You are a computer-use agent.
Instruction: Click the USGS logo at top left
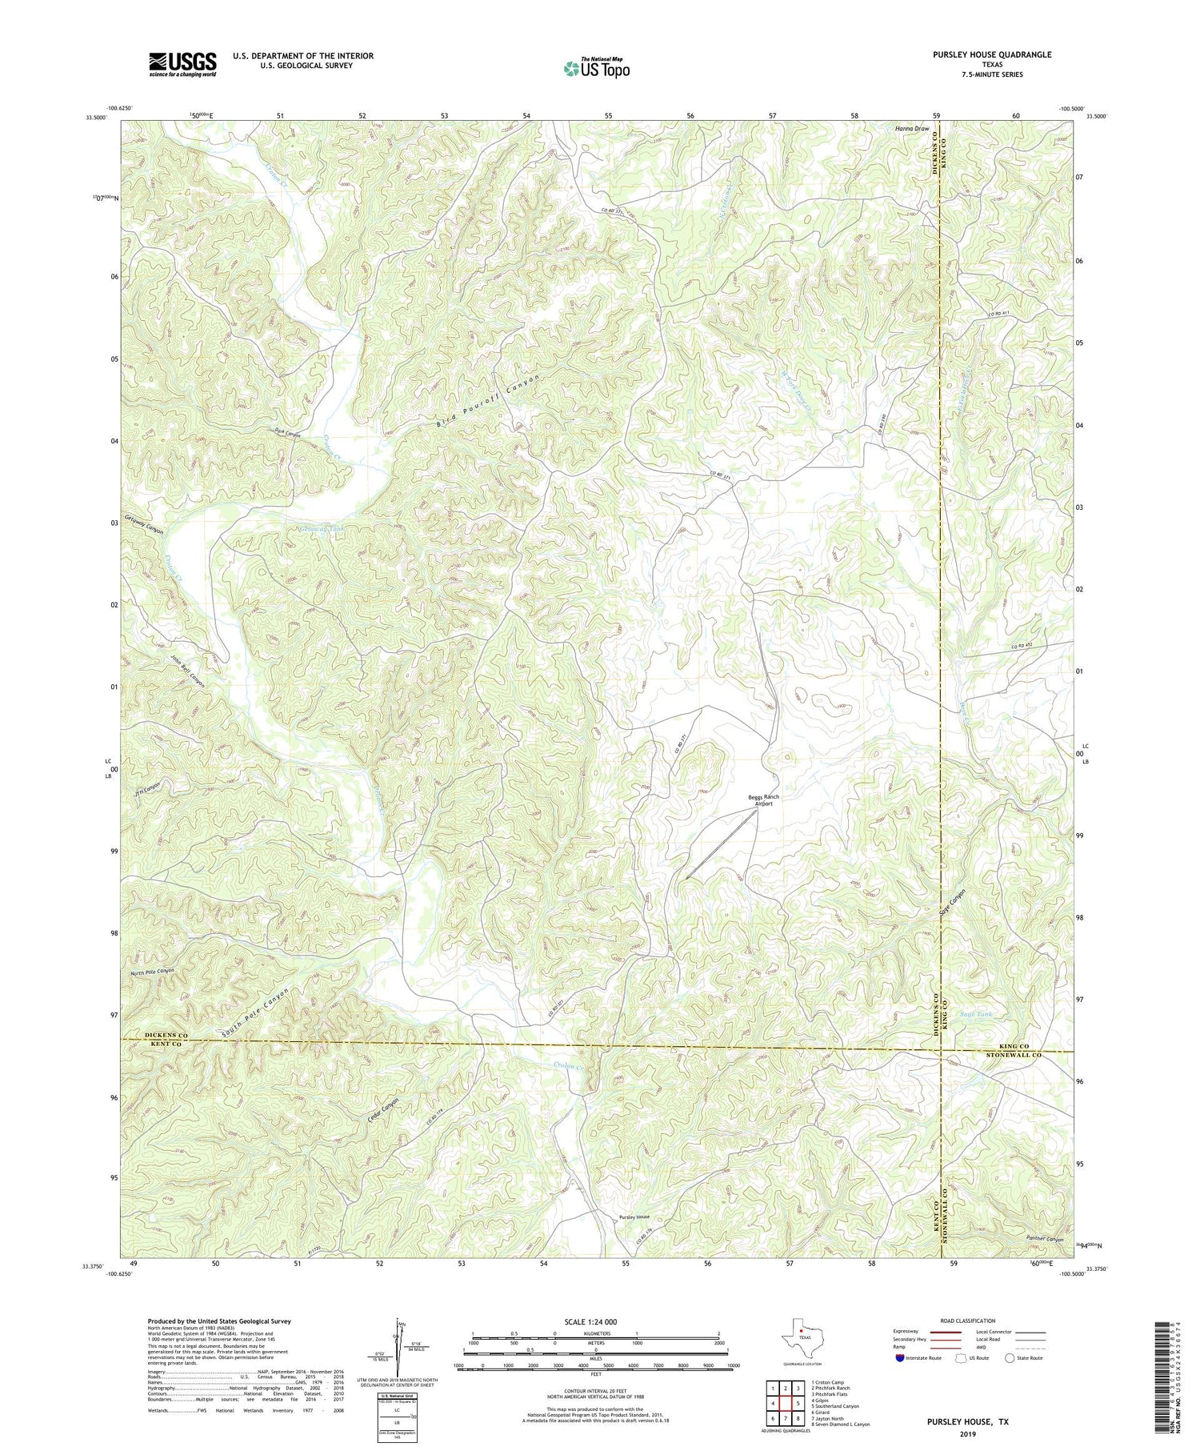(x=182, y=64)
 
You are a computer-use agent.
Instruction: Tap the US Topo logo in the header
(x=595, y=68)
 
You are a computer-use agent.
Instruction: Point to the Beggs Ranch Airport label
(x=763, y=800)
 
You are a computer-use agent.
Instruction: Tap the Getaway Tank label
(x=321, y=531)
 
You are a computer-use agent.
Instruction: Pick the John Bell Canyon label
(x=188, y=671)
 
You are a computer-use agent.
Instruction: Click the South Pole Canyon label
(x=256, y=1014)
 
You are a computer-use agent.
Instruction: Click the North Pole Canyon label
(x=152, y=971)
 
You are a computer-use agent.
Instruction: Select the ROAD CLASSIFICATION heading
(x=967, y=1321)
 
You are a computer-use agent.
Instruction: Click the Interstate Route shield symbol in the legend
(x=899, y=1358)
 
